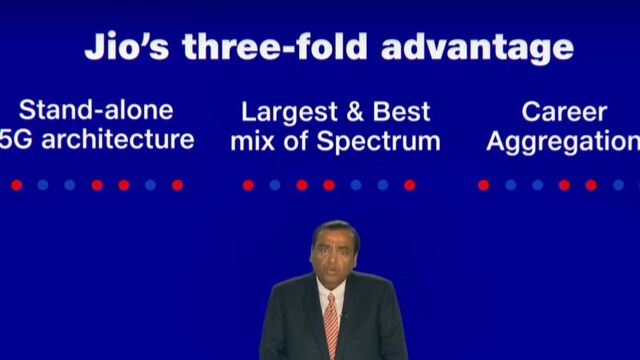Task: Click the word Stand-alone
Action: pos(96,110)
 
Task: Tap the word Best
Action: pos(399,111)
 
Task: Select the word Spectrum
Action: pos(379,141)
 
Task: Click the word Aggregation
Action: pos(562,141)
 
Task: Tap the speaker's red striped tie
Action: pos(331,322)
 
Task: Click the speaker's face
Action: pos(332,258)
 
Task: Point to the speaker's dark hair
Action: pos(333,230)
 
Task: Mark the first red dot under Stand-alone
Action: pos(16,185)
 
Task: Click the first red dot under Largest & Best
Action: pos(248,185)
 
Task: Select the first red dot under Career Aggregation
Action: pos(483,185)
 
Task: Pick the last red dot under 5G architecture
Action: pos(177,185)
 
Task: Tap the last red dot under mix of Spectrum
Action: pos(409,185)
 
